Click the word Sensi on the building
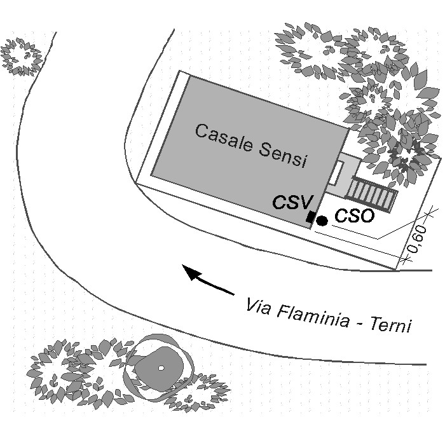[x=284, y=154]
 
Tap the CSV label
[x=292, y=203]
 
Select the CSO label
[x=354, y=216]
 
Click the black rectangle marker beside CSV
[x=311, y=217]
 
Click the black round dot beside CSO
[x=322, y=221]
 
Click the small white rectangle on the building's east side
[x=339, y=173]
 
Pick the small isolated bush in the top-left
[x=21, y=56]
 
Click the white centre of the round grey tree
[x=161, y=367]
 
